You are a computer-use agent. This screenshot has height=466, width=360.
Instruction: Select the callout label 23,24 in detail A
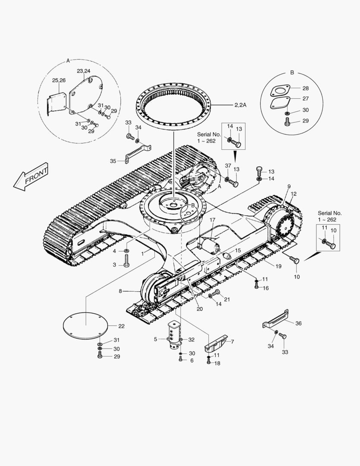pos(83,71)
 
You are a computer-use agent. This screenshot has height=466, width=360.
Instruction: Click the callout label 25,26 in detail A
pos(59,80)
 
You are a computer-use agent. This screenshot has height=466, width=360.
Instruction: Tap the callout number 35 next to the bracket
pos(113,161)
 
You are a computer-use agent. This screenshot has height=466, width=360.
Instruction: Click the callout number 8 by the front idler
pos(121,291)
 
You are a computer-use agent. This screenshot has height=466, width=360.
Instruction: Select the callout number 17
pos(212,220)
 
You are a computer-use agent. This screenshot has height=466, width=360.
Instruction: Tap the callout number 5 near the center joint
pos(155,339)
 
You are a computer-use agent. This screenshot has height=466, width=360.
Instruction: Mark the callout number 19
pos(279,266)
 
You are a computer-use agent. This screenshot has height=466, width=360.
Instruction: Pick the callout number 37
pos(228,166)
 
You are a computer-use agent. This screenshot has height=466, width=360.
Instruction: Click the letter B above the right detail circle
pos(292,72)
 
